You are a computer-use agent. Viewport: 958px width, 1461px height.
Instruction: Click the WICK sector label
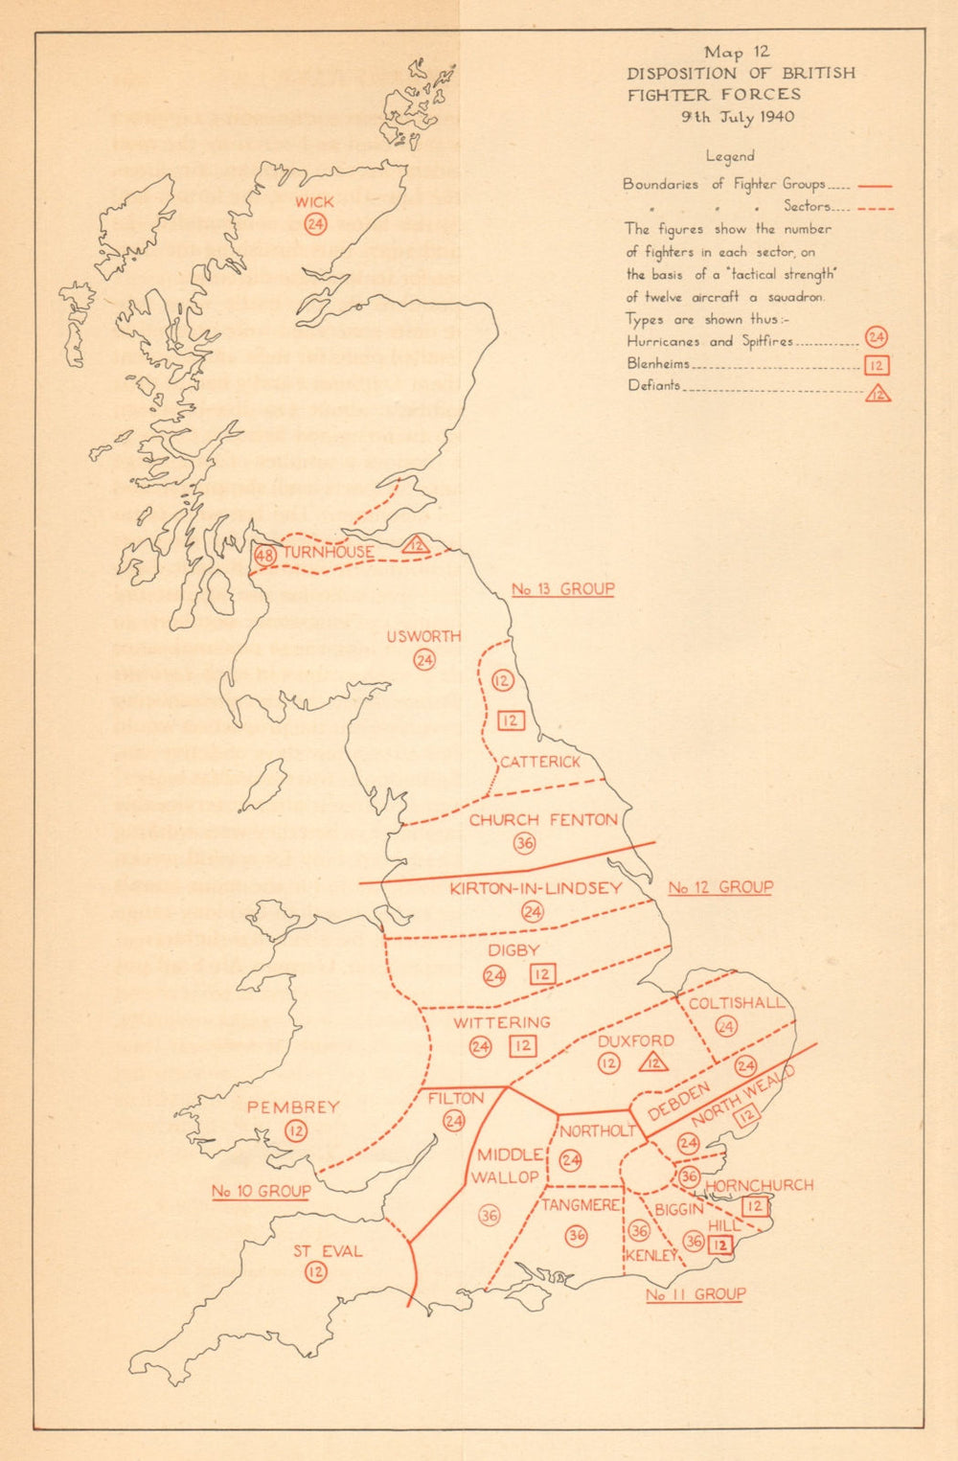point(314,202)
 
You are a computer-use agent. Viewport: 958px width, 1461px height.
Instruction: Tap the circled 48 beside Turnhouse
point(265,555)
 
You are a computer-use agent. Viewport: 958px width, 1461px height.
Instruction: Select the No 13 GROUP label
point(562,589)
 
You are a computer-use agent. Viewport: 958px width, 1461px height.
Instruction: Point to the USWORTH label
point(423,636)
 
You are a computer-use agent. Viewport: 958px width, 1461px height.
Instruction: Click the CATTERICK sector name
point(540,762)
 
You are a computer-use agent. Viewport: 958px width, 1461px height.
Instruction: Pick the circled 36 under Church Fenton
point(524,843)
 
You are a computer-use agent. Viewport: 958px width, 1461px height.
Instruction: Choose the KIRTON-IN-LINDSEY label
point(536,888)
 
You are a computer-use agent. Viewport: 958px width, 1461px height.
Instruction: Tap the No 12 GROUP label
point(720,887)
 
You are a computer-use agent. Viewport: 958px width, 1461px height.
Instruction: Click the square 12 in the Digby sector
point(542,974)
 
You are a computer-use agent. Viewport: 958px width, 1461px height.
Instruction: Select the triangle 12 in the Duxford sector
point(654,1062)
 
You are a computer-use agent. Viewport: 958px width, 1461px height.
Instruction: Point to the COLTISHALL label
point(737,1003)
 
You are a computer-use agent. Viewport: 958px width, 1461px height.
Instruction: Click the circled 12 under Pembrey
point(296,1131)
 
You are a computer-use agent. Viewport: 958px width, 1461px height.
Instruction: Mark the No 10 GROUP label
point(261,1191)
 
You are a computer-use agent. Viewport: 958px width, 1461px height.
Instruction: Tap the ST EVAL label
point(328,1250)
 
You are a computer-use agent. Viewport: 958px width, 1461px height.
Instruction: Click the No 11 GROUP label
point(696,1294)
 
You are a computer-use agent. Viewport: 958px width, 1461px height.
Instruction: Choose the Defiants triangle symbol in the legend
point(878,393)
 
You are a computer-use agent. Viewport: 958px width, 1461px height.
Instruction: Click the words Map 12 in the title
point(737,53)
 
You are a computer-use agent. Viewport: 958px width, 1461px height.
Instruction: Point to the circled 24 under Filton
point(454,1121)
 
